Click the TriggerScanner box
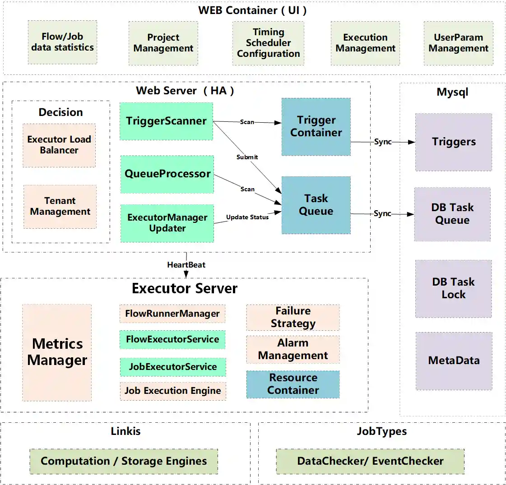coord(166,121)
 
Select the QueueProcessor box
coord(167,174)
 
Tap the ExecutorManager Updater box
coord(167,223)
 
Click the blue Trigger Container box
coord(316,127)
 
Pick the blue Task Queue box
coord(316,205)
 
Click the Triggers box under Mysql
coord(454,142)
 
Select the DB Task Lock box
coord(454,288)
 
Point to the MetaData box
coord(454,360)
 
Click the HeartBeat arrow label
coord(186,265)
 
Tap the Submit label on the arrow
coord(247,157)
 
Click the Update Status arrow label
coord(247,217)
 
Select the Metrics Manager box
coord(57,352)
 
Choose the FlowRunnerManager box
coord(172,314)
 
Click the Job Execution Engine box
coord(172,391)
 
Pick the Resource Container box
coord(293,384)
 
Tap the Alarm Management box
coord(293,349)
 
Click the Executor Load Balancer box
coord(59,145)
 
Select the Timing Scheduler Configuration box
coord(268,43)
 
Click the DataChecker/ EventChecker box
coord(370,461)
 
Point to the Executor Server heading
coord(184,288)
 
